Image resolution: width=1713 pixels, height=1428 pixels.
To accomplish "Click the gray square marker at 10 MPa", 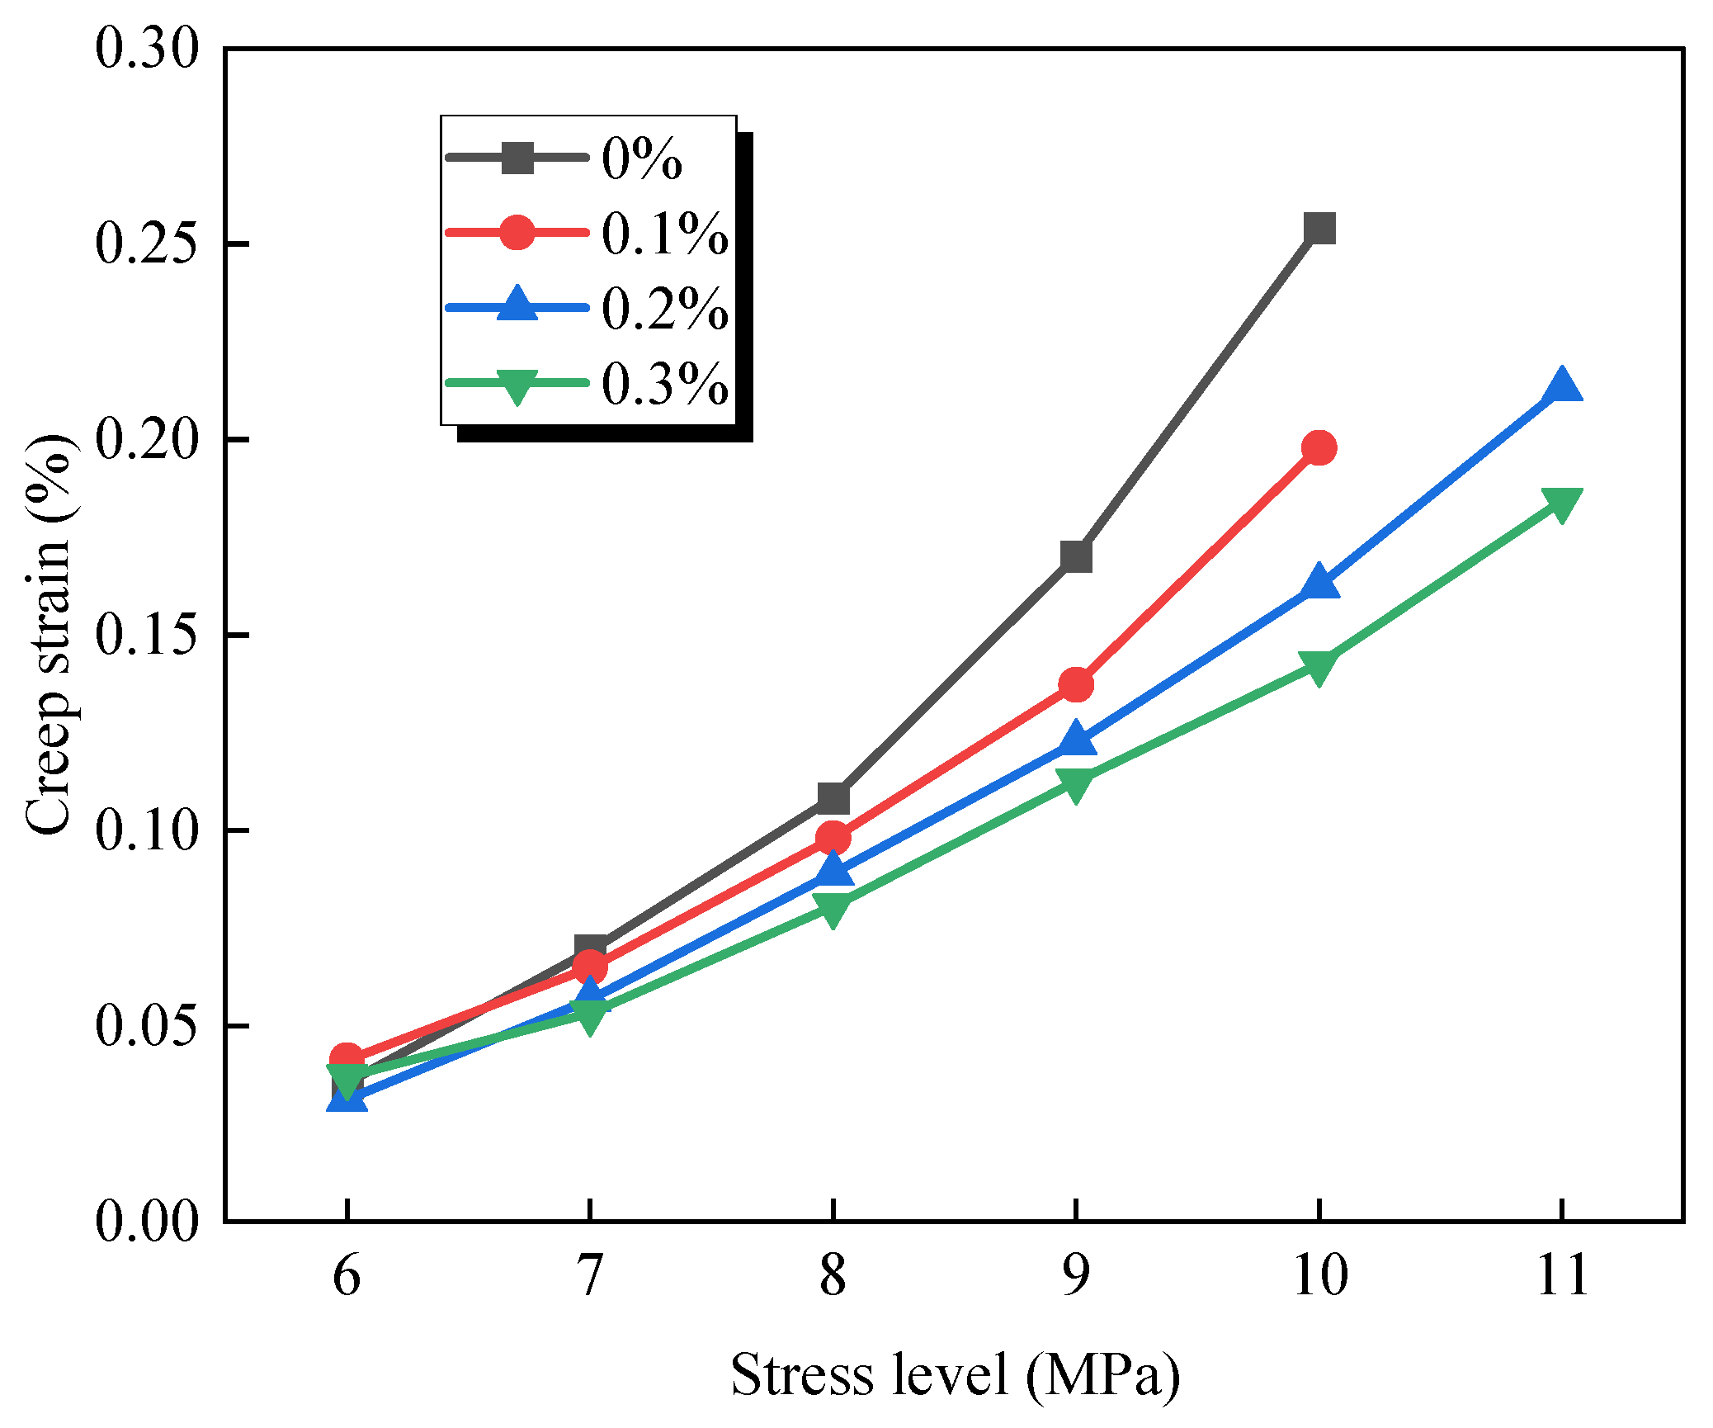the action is coord(1319,228).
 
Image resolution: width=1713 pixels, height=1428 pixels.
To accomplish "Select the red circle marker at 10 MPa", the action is coord(1319,448).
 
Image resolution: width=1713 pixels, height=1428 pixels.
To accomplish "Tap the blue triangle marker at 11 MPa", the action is coord(1561,385).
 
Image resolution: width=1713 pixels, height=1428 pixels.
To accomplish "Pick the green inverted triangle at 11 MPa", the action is coord(1561,504).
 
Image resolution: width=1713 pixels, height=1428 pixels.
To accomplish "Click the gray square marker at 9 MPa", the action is coord(1076,556).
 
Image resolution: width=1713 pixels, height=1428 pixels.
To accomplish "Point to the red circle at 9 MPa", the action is coord(1076,684).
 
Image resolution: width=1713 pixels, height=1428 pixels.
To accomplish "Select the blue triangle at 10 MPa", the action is coord(1319,582).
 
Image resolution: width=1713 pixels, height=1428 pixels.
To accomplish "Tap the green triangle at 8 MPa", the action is coord(833,910).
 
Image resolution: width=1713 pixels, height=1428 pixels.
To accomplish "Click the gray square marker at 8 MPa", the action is coord(833,797).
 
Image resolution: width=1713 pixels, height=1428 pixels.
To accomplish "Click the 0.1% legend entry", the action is coord(587,232).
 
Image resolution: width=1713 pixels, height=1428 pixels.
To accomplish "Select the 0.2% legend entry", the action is coord(587,307).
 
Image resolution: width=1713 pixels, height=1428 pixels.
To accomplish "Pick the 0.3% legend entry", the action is coord(587,382).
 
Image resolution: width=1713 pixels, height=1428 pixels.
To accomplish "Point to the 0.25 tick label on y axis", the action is coord(147,244).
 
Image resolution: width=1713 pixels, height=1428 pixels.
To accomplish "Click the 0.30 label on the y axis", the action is coord(147,48).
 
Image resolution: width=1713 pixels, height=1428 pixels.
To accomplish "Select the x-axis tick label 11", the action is coord(1562,1275).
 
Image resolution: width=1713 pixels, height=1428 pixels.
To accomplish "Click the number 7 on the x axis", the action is coord(589,1275).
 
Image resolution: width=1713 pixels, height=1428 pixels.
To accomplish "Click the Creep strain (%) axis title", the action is coord(49,634).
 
